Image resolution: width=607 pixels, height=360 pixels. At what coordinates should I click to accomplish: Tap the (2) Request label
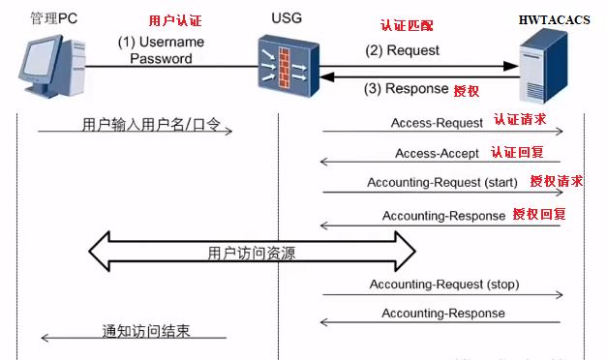tap(402, 50)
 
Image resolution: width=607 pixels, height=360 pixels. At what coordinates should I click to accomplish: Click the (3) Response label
tap(407, 89)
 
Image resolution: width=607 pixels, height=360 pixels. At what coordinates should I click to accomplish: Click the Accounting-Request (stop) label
tap(445, 284)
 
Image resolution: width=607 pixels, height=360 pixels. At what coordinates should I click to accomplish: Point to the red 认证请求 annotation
tap(520, 121)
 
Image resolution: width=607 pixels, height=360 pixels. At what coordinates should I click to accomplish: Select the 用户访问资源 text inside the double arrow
tap(252, 254)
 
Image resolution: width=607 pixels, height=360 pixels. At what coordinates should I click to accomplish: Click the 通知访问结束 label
tap(146, 331)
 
